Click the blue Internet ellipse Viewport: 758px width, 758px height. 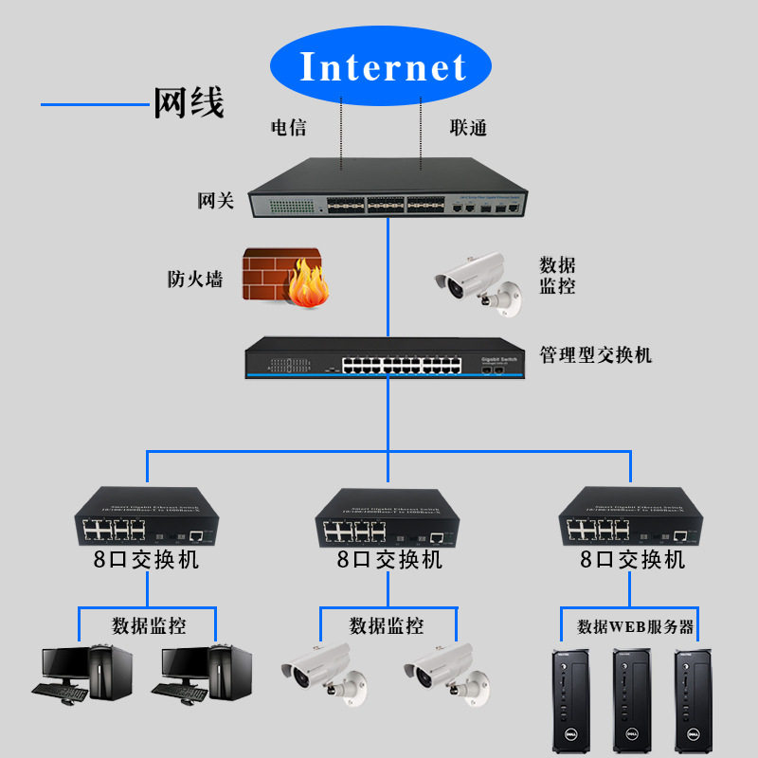pos(382,67)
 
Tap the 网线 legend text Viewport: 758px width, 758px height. pos(189,101)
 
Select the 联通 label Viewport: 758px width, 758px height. pos(468,128)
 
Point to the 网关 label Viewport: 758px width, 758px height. pos(215,201)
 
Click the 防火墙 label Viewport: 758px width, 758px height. pos(194,280)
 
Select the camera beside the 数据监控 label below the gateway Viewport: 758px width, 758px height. pos(478,282)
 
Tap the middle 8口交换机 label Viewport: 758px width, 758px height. pos(389,560)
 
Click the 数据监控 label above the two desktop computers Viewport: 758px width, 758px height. pos(149,626)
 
